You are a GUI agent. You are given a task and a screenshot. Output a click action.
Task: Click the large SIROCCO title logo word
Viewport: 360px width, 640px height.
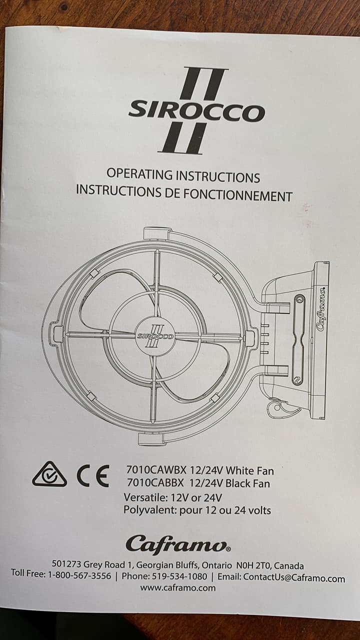(x=196, y=112)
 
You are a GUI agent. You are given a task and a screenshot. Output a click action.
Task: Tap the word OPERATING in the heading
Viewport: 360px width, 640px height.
(x=139, y=174)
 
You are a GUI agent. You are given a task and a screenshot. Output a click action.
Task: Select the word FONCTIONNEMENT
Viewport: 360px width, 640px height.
(x=237, y=195)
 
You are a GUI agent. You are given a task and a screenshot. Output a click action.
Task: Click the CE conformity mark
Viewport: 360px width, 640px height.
(x=93, y=476)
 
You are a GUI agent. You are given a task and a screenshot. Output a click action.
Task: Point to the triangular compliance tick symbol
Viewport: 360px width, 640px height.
(x=49, y=474)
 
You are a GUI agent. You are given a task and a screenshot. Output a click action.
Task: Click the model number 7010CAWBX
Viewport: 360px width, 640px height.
(x=156, y=470)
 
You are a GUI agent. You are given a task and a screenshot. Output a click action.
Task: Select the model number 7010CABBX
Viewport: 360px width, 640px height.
(x=155, y=483)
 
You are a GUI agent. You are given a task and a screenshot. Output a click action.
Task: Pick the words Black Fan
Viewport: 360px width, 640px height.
(x=247, y=483)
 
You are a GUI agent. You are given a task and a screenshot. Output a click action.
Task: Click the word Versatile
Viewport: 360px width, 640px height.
(x=145, y=497)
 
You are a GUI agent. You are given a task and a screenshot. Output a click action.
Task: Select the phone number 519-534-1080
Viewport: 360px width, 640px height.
(x=179, y=576)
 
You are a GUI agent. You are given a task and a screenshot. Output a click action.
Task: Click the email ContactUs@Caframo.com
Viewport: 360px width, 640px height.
(x=294, y=578)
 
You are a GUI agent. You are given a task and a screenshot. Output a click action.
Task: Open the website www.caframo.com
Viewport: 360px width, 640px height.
(x=177, y=587)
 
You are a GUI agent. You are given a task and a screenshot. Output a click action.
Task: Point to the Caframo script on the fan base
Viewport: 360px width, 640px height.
(x=322, y=309)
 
